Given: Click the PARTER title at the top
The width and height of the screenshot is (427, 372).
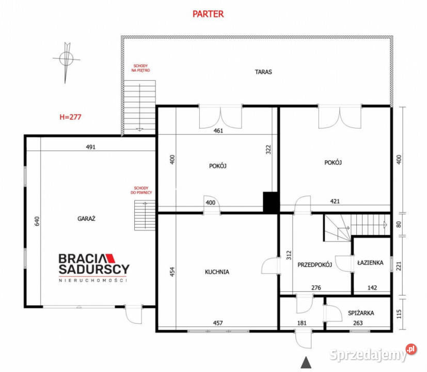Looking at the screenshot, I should [x=208, y=14].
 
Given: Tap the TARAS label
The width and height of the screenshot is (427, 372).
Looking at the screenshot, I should [x=263, y=72].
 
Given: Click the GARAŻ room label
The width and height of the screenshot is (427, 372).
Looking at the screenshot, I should [x=87, y=219].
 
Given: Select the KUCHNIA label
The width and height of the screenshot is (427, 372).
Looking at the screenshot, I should [x=216, y=271].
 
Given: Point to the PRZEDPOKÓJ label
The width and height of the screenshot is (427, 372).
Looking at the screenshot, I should [x=314, y=265].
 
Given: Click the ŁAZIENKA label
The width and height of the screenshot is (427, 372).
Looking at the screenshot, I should [x=370, y=262].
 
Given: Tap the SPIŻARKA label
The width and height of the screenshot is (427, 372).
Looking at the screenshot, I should [x=361, y=313].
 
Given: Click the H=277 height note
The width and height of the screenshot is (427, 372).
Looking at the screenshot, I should [x=71, y=117].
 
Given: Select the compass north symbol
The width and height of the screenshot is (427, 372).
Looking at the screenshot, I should [x=66, y=60].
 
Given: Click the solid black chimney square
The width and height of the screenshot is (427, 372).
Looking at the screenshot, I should [x=271, y=202].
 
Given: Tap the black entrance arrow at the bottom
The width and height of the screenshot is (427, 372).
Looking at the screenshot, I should [x=307, y=362].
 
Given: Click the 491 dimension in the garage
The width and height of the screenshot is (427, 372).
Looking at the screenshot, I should [x=91, y=147].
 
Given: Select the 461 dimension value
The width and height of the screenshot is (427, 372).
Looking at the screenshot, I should [x=218, y=131].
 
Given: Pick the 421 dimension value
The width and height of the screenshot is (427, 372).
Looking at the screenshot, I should [x=335, y=201].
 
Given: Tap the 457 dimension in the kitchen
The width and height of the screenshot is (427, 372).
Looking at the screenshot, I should [x=218, y=323].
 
